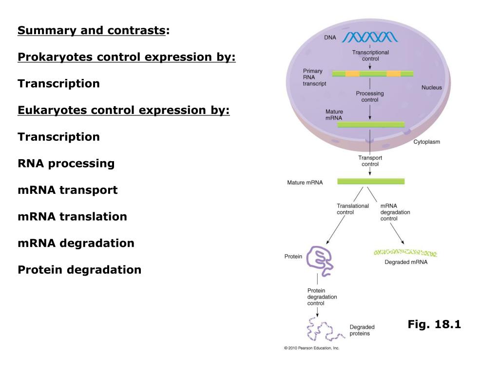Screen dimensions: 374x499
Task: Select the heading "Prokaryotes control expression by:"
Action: (x=127, y=57)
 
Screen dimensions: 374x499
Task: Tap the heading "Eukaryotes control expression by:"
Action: (x=123, y=110)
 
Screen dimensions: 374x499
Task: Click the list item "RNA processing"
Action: (x=66, y=163)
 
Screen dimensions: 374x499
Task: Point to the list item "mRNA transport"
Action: (x=67, y=190)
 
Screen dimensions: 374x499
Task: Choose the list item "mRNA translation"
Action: (x=72, y=216)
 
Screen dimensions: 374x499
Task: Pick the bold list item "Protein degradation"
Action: (x=79, y=269)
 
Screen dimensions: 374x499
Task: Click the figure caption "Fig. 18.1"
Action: (x=434, y=324)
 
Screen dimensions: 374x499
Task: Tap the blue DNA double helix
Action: (x=369, y=37)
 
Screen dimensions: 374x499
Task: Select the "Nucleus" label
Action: (x=431, y=88)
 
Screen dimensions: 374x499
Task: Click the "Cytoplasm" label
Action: (x=426, y=142)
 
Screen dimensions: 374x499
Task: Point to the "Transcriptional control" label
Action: (x=370, y=55)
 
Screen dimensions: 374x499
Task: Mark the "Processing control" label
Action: (x=369, y=96)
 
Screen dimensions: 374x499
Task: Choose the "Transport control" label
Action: (x=370, y=161)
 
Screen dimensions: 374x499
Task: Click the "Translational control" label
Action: (x=352, y=209)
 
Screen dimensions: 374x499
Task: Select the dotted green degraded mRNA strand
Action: (x=405, y=253)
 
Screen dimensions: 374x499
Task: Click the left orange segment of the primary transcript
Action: (x=352, y=74)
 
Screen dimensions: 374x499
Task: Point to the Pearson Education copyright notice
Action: (x=311, y=348)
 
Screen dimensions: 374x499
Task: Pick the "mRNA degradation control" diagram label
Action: (x=395, y=212)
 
